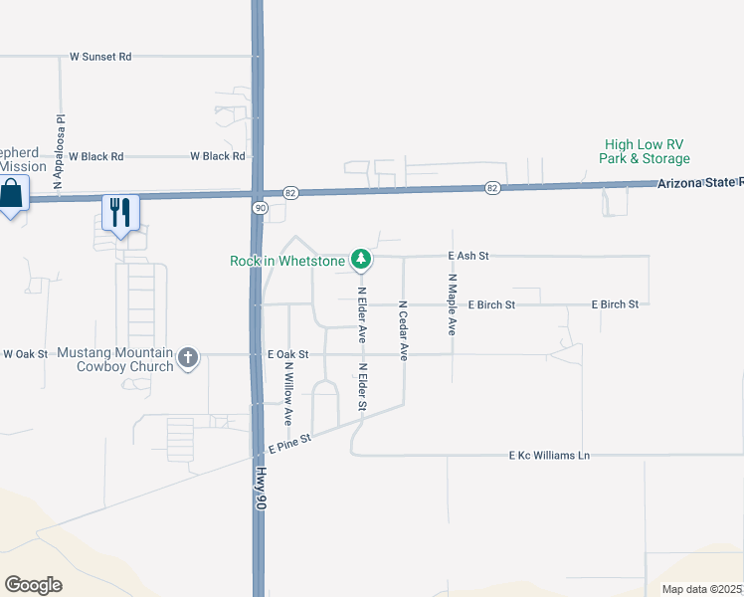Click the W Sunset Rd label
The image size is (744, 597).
click(x=100, y=57)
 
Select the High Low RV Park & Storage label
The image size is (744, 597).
click(x=644, y=151)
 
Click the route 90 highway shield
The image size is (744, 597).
click(x=260, y=207)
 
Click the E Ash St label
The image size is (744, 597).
click(x=470, y=256)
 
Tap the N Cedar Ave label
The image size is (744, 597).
click(x=404, y=330)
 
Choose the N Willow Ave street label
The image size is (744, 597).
click(x=288, y=393)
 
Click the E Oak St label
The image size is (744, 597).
click(x=288, y=354)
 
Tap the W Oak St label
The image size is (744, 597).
click(x=25, y=353)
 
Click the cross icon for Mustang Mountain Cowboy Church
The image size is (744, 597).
click(x=187, y=355)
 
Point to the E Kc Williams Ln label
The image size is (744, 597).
click(x=549, y=456)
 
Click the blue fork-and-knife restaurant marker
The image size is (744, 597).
click(x=120, y=213)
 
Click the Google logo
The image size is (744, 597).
click(x=33, y=585)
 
